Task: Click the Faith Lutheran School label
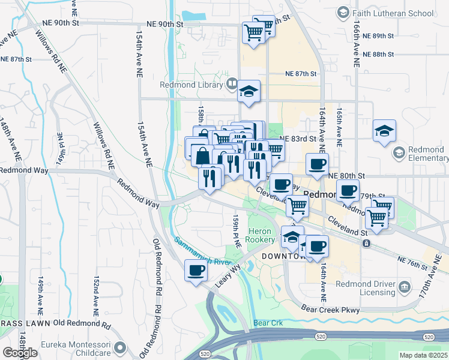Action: click(393, 13)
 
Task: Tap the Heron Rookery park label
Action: click(261, 235)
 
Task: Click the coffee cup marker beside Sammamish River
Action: click(196, 271)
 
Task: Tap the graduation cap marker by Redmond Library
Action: click(249, 91)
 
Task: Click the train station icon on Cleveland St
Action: click(366, 243)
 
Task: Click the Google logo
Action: click(20, 352)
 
